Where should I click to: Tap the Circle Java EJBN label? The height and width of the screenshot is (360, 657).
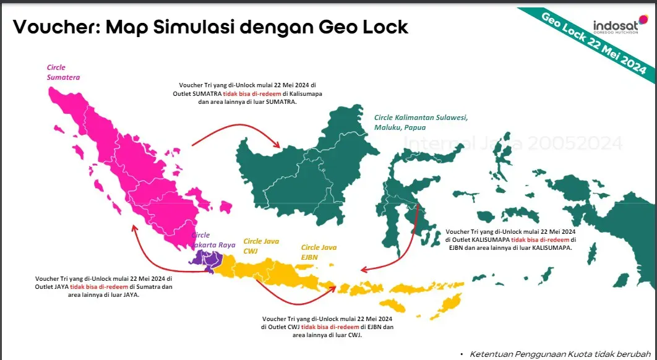coord(319,252)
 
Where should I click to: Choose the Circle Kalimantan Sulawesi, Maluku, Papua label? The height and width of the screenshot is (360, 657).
coord(421,122)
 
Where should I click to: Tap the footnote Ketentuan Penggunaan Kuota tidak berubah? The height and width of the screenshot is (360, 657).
coord(560,354)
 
